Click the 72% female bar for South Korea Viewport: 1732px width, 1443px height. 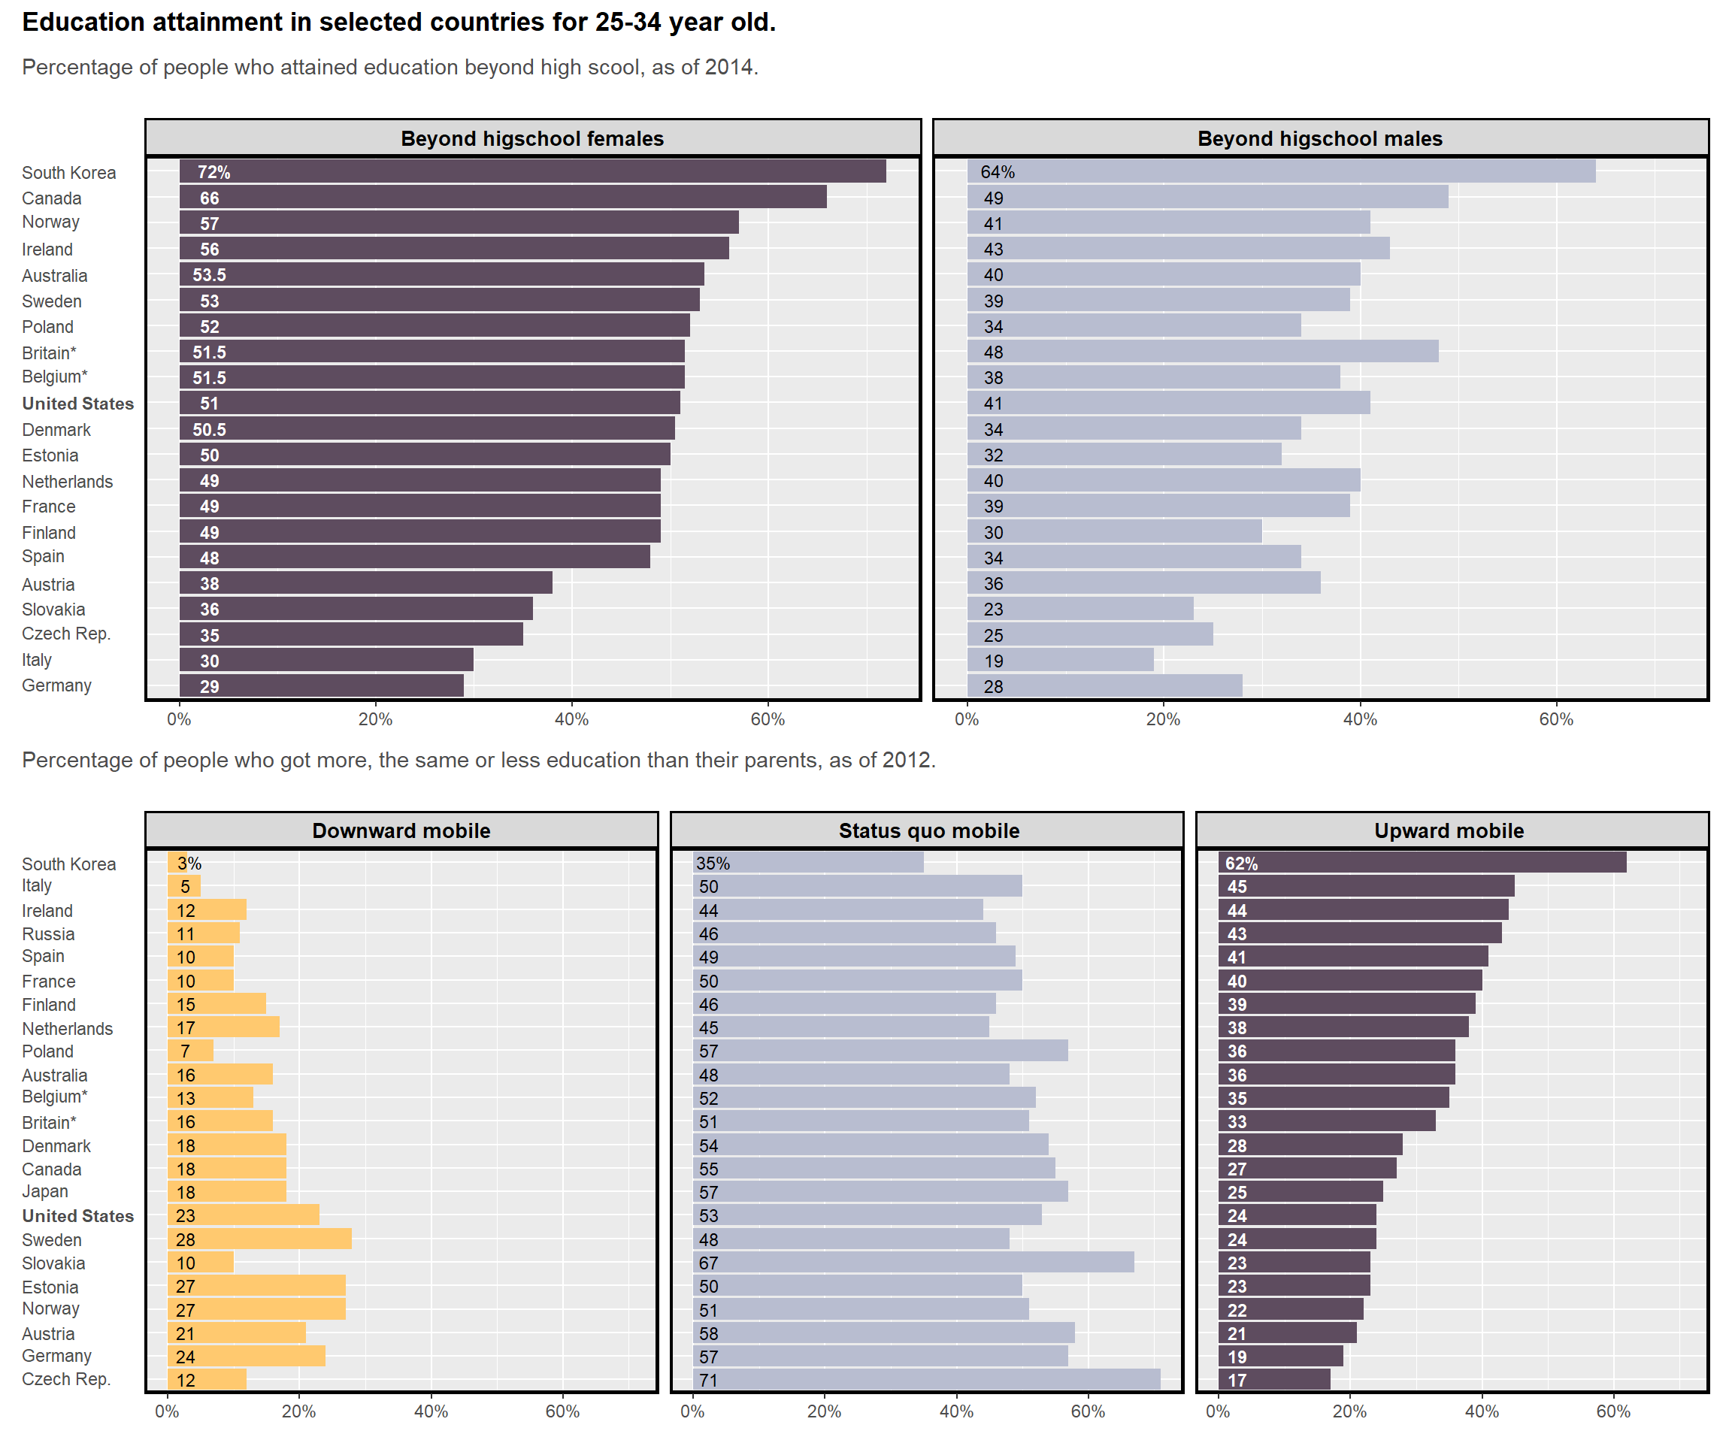pyautogui.click(x=532, y=171)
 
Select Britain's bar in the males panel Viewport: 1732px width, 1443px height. pyautogui.click(x=1202, y=351)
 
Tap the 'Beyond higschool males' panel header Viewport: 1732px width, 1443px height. pyautogui.click(x=1319, y=138)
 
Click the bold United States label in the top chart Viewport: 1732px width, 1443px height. pyautogui.click(x=77, y=404)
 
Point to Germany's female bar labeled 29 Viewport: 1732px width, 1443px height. pyautogui.click(x=322, y=685)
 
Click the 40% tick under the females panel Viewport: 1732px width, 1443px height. pyautogui.click(x=571, y=719)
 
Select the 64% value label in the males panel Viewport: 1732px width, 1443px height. pyautogui.click(x=997, y=171)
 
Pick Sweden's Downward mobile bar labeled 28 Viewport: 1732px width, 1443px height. pyautogui.click(x=259, y=1239)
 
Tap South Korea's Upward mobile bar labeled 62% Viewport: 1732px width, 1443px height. pyautogui.click(x=1422, y=863)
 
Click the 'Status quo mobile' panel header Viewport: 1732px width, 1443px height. pyautogui.click(x=928, y=830)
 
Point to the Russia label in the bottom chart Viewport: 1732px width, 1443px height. pyautogui.click(x=48, y=933)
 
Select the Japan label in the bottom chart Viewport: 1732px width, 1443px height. pyautogui.click(x=44, y=1190)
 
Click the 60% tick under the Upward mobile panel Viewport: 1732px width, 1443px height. pyautogui.click(x=1612, y=1411)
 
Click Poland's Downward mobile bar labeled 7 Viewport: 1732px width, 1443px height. pyautogui.click(x=190, y=1051)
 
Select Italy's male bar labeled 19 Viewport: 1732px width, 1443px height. pyautogui.click(x=1060, y=660)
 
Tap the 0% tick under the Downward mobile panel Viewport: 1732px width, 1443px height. pyautogui.click(x=167, y=1411)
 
